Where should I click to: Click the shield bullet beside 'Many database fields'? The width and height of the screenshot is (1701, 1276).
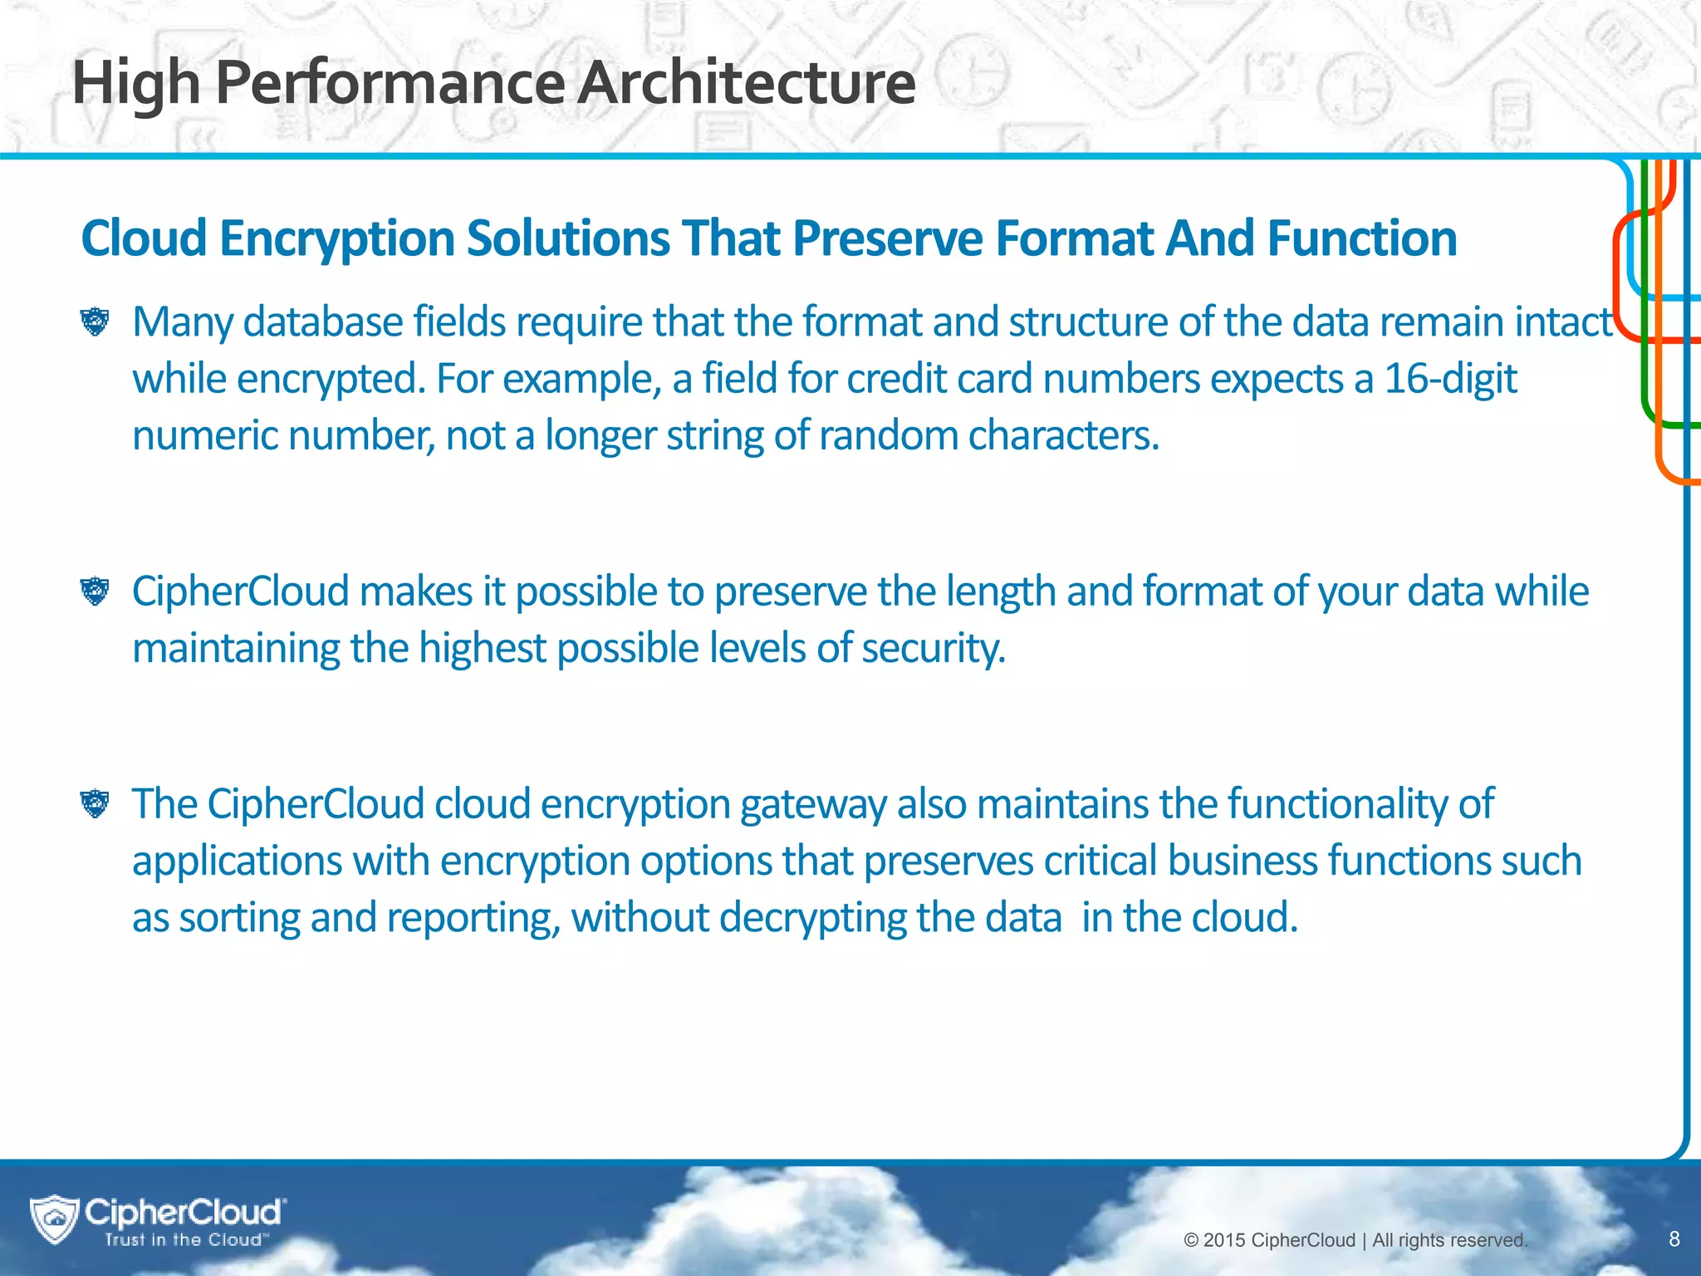(x=96, y=321)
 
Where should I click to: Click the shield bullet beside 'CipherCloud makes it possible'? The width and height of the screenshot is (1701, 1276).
(x=96, y=591)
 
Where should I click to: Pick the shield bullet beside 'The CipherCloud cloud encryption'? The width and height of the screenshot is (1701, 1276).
(x=96, y=803)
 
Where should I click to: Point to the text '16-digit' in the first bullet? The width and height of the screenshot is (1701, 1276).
(x=1450, y=379)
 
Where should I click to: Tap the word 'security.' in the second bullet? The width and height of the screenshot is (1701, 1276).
(x=934, y=648)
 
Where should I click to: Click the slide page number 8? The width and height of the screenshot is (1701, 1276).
(x=1674, y=1239)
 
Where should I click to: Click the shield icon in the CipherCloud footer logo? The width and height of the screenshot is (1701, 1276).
(x=55, y=1219)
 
